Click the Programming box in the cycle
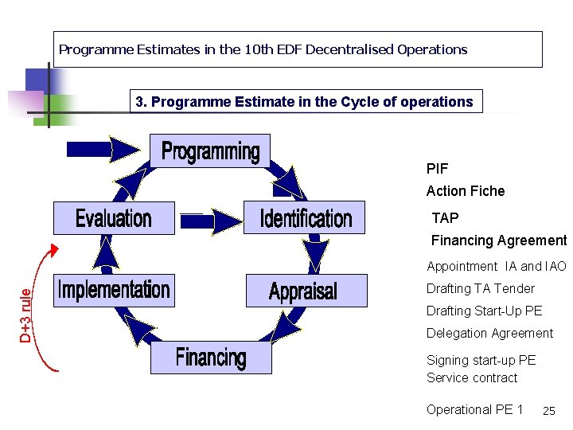pos(210,151)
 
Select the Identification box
pos(306,217)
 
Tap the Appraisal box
pos(303,291)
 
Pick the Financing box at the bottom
pos(211,358)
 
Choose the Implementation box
pos(114,290)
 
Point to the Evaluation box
pos(113,217)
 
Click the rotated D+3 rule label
pos(27,315)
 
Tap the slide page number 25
pos(548,411)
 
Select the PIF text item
pos(437,169)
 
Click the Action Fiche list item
pos(466,191)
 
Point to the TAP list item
pos(445,218)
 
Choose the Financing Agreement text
pos(498,240)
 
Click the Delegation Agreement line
pos(489,333)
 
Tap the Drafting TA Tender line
pos(480,288)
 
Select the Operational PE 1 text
pos(474,409)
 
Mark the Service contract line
pos(472,377)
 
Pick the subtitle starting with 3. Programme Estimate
pos(306,102)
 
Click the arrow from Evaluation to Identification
pos(212,218)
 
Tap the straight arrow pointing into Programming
pos(103,148)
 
